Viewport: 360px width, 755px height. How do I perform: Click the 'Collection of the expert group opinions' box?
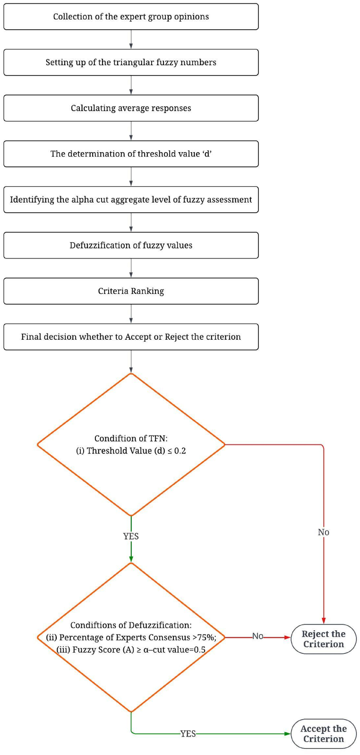pyautogui.click(x=131, y=17)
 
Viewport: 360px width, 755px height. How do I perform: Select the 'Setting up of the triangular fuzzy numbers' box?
pyautogui.click(x=131, y=62)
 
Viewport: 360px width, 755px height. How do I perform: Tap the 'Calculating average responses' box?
pyautogui.click(x=131, y=108)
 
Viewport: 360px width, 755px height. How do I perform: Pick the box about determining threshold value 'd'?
pyautogui.click(x=131, y=154)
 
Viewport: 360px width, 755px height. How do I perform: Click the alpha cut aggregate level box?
pyautogui.click(x=131, y=199)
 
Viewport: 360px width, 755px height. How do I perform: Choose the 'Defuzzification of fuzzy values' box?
pyautogui.click(x=131, y=245)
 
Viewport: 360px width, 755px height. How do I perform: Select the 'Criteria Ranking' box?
pyautogui.click(x=131, y=291)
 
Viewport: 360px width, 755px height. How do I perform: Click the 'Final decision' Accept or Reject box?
pyautogui.click(x=131, y=337)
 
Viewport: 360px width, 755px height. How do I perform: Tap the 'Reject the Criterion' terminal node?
pyautogui.click(x=323, y=639)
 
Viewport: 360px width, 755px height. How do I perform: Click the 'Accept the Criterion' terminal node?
pyautogui.click(x=323, y=734)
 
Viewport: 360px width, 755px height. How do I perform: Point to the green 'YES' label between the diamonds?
pyautogui.click(x=131, y=536)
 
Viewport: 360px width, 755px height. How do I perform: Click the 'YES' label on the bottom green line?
pyautogui.click(x=188, y=734)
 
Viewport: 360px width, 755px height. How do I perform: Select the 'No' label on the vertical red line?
pyautogui.click(x=323, y=532)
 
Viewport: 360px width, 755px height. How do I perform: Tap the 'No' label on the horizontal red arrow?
pyautogui.click(x=257, y=636)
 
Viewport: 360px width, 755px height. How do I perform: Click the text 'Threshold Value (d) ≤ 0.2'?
pyautogui.click(x=131, y=451)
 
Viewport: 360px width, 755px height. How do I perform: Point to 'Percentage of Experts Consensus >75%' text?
pyautogui.click(x=131, y=637)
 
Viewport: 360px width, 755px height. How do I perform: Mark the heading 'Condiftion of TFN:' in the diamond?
pyautogui.click(x=131, y=438)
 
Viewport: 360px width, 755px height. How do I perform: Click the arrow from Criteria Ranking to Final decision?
pyautogui.click(x=131, y=314)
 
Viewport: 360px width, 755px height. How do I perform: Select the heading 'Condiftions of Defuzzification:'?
pyautogui.click(x=131, y=625)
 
